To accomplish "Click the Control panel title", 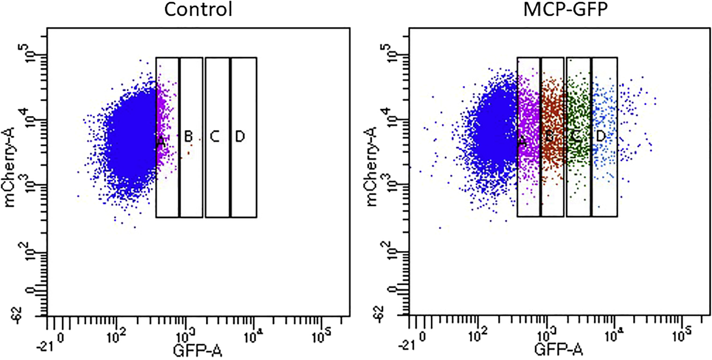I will click(198, 10).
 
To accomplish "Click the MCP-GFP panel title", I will click(565, 10).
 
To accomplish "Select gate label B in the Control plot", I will click(188, 137).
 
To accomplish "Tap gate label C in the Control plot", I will click(215, 137).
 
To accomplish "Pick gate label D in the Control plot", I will click(240, 137).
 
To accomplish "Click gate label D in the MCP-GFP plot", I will click(601, 137).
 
